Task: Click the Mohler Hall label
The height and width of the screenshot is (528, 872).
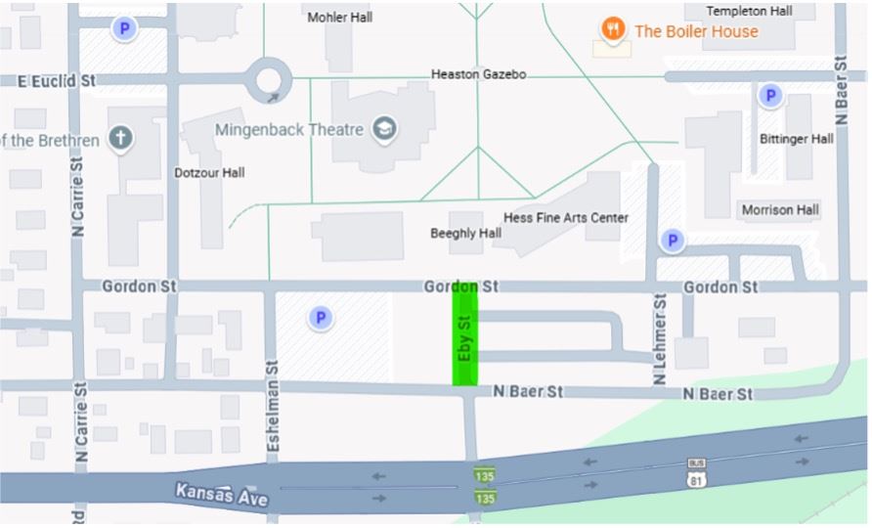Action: click(341, 18)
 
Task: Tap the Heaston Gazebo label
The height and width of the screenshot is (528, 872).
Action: click(478, 74)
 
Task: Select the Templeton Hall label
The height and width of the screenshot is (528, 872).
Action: click(749, 11)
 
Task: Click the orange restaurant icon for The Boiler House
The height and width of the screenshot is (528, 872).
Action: click(613, 30)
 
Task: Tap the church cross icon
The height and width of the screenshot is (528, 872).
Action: click(120, 138)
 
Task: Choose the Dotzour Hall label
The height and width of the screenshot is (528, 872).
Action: click(209, 173)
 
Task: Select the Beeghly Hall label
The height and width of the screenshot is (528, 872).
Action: click(465, 234)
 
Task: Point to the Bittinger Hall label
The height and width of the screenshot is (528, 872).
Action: click(796, 139)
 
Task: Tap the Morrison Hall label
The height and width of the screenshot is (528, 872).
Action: click(779, 210)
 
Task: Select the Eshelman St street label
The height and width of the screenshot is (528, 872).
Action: click(273, 407)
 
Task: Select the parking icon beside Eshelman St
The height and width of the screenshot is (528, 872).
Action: click(320, 318)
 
